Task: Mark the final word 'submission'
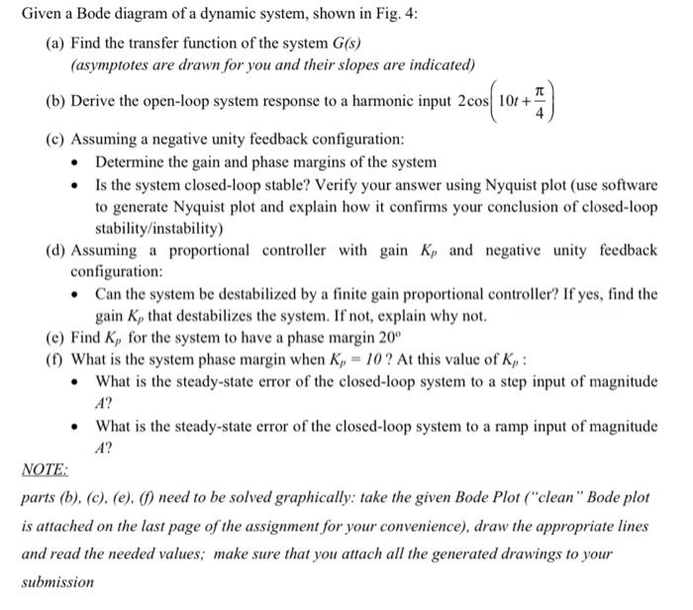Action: (58, 582)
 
